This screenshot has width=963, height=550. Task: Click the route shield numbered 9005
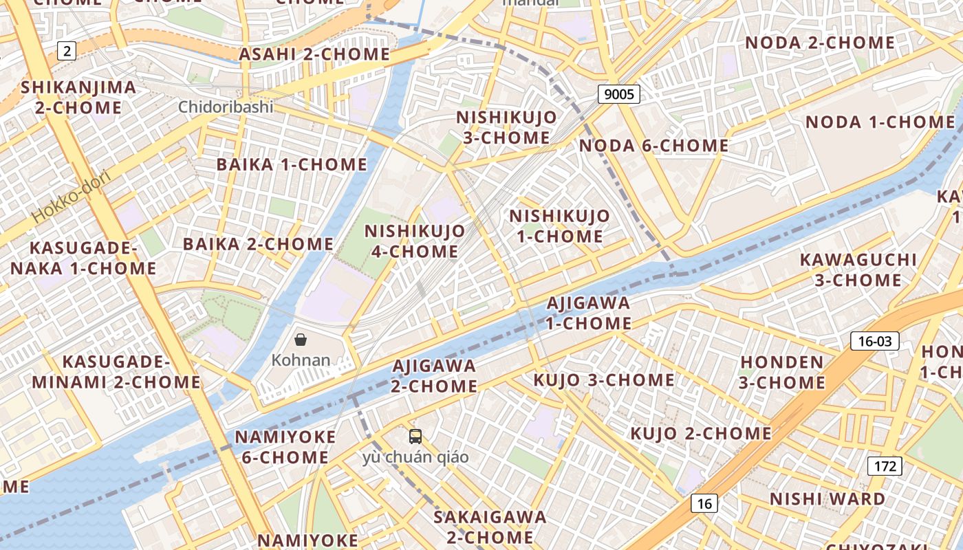click(x=619, y=94)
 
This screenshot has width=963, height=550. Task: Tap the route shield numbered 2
click(x=67, y=50)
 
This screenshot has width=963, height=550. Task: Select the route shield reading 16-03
click(x=875, y=341)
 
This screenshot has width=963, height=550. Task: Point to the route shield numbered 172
click(x=885, y=466)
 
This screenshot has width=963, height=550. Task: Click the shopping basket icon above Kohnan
click(x=301, y=340)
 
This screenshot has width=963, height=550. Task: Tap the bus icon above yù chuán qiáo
click(x=415, y=436)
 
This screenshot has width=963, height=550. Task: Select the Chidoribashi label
click(x=226, y=107)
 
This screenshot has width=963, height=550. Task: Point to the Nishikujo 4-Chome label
click(x=415, y=241)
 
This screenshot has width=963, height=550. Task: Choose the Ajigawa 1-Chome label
click(x=589, y=313)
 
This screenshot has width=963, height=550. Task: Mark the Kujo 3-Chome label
click(x=604, y=380)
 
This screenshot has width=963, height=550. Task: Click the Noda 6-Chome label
click(x=653, y=146)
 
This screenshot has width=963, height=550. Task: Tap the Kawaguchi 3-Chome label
click(x=858, y=269)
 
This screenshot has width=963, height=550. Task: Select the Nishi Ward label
click(x=827, y=499)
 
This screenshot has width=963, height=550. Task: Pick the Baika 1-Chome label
click(x=292, y=165)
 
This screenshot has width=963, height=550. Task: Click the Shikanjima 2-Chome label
click(x=78, y=98)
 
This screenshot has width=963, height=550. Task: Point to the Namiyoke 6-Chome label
click(x=285, y=447)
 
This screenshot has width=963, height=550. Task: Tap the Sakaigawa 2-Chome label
click(x=490, y=527)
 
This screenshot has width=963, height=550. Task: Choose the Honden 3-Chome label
click(x=782, y=372)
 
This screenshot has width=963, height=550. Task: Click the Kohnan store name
click(x=301, y=360)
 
